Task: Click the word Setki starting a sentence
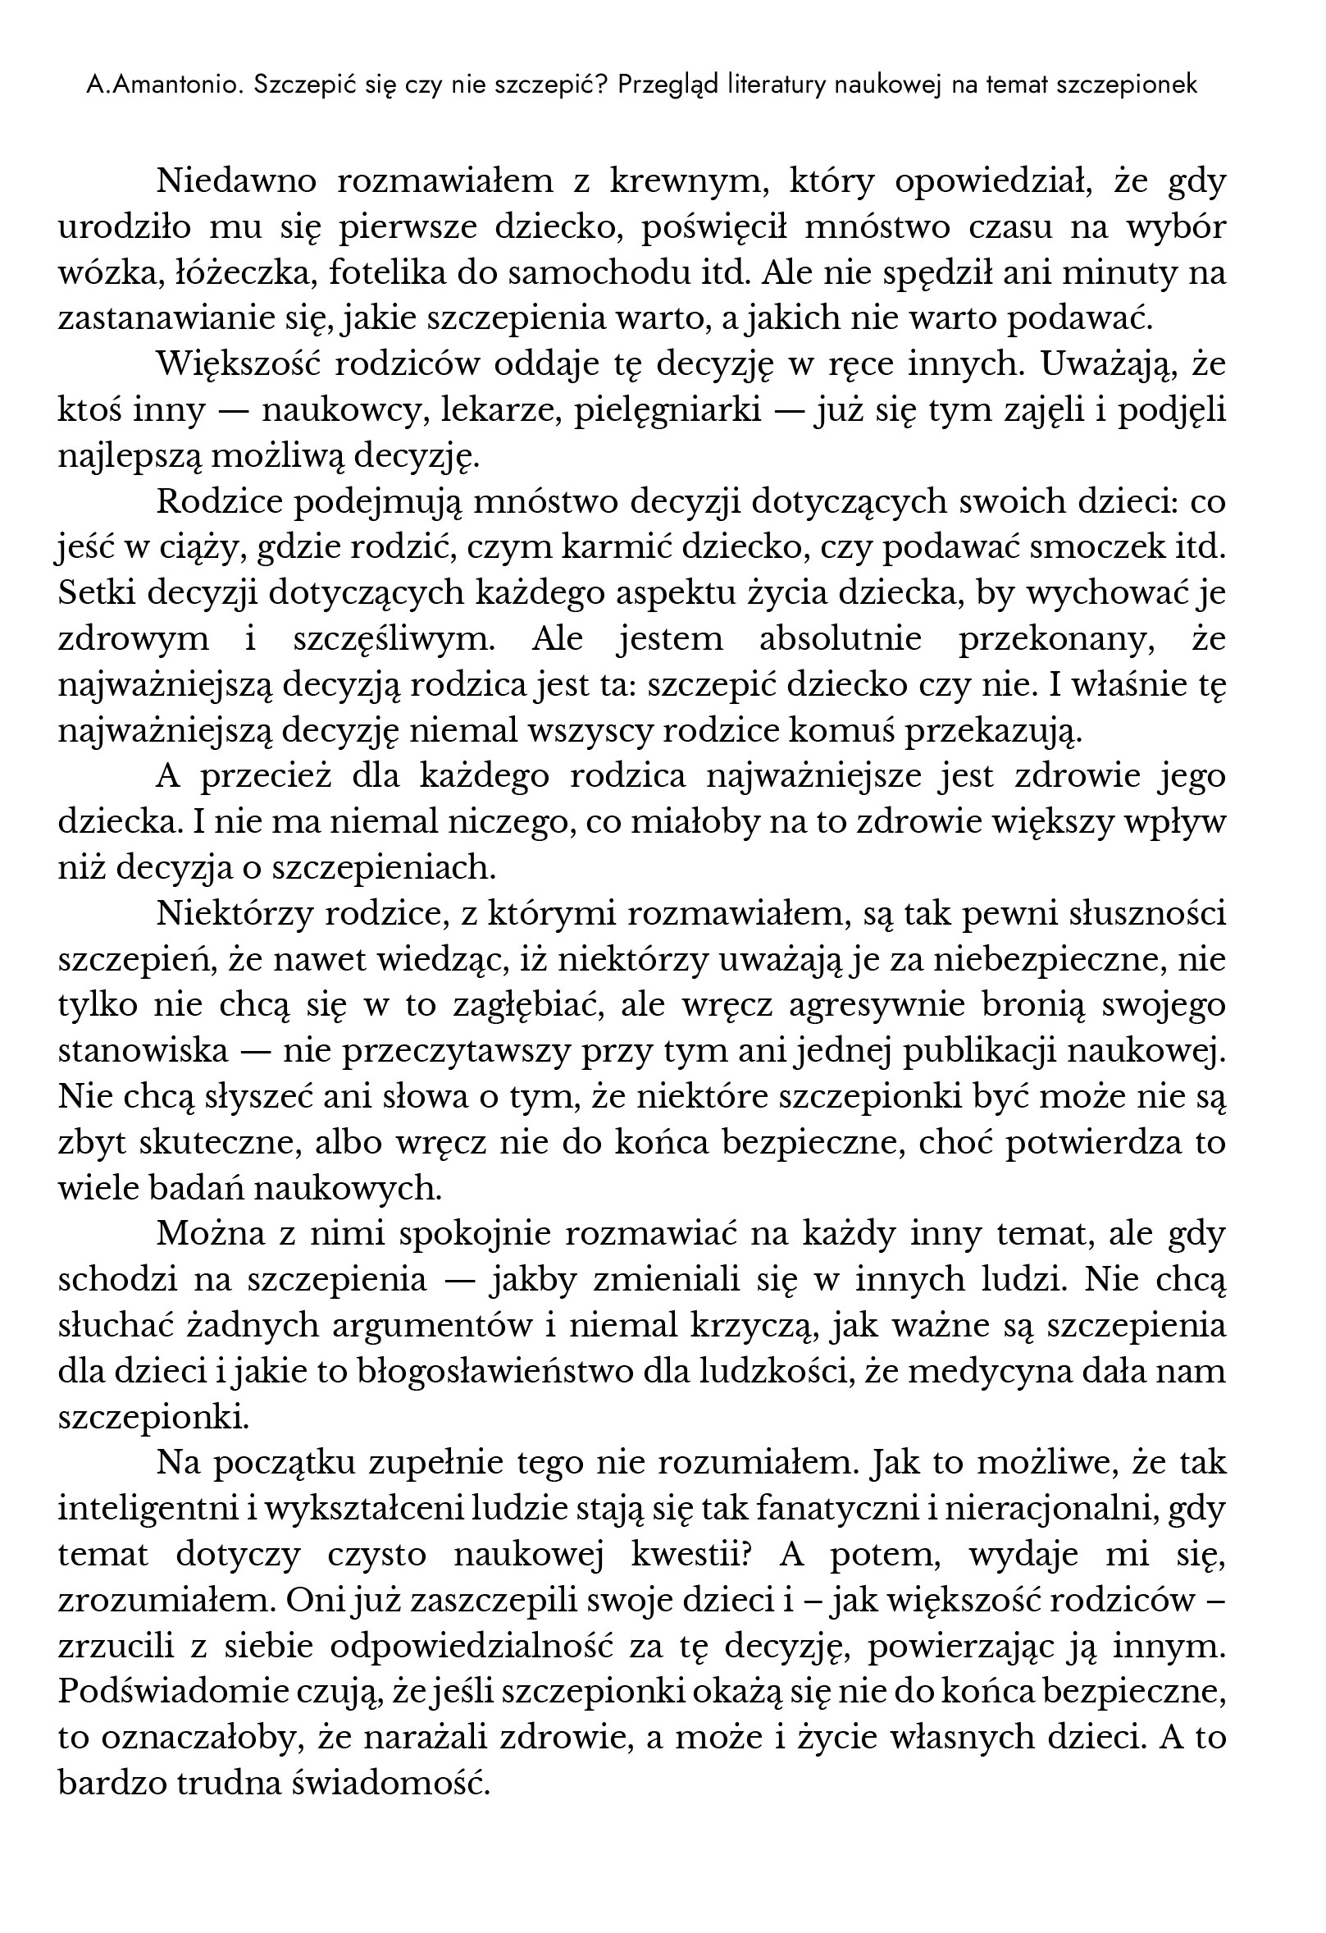(98, 593)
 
